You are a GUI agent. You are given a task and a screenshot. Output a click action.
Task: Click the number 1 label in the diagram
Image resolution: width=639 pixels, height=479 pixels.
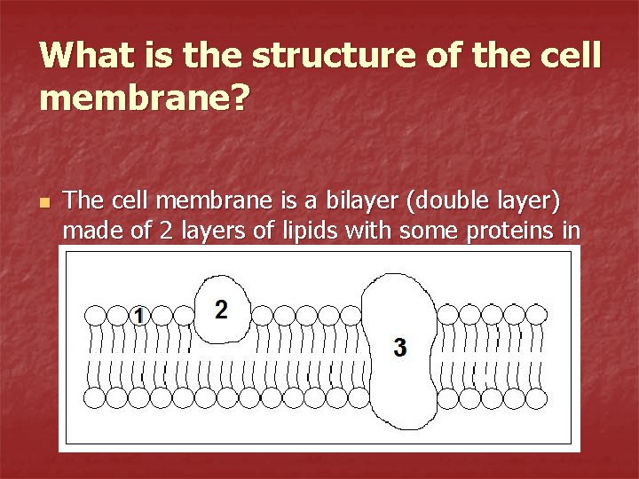(138, 315)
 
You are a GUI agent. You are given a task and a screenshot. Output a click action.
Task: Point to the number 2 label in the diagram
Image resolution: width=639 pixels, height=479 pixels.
(221, 310)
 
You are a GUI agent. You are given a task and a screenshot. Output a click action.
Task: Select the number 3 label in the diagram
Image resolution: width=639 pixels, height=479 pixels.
(400, 348)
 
